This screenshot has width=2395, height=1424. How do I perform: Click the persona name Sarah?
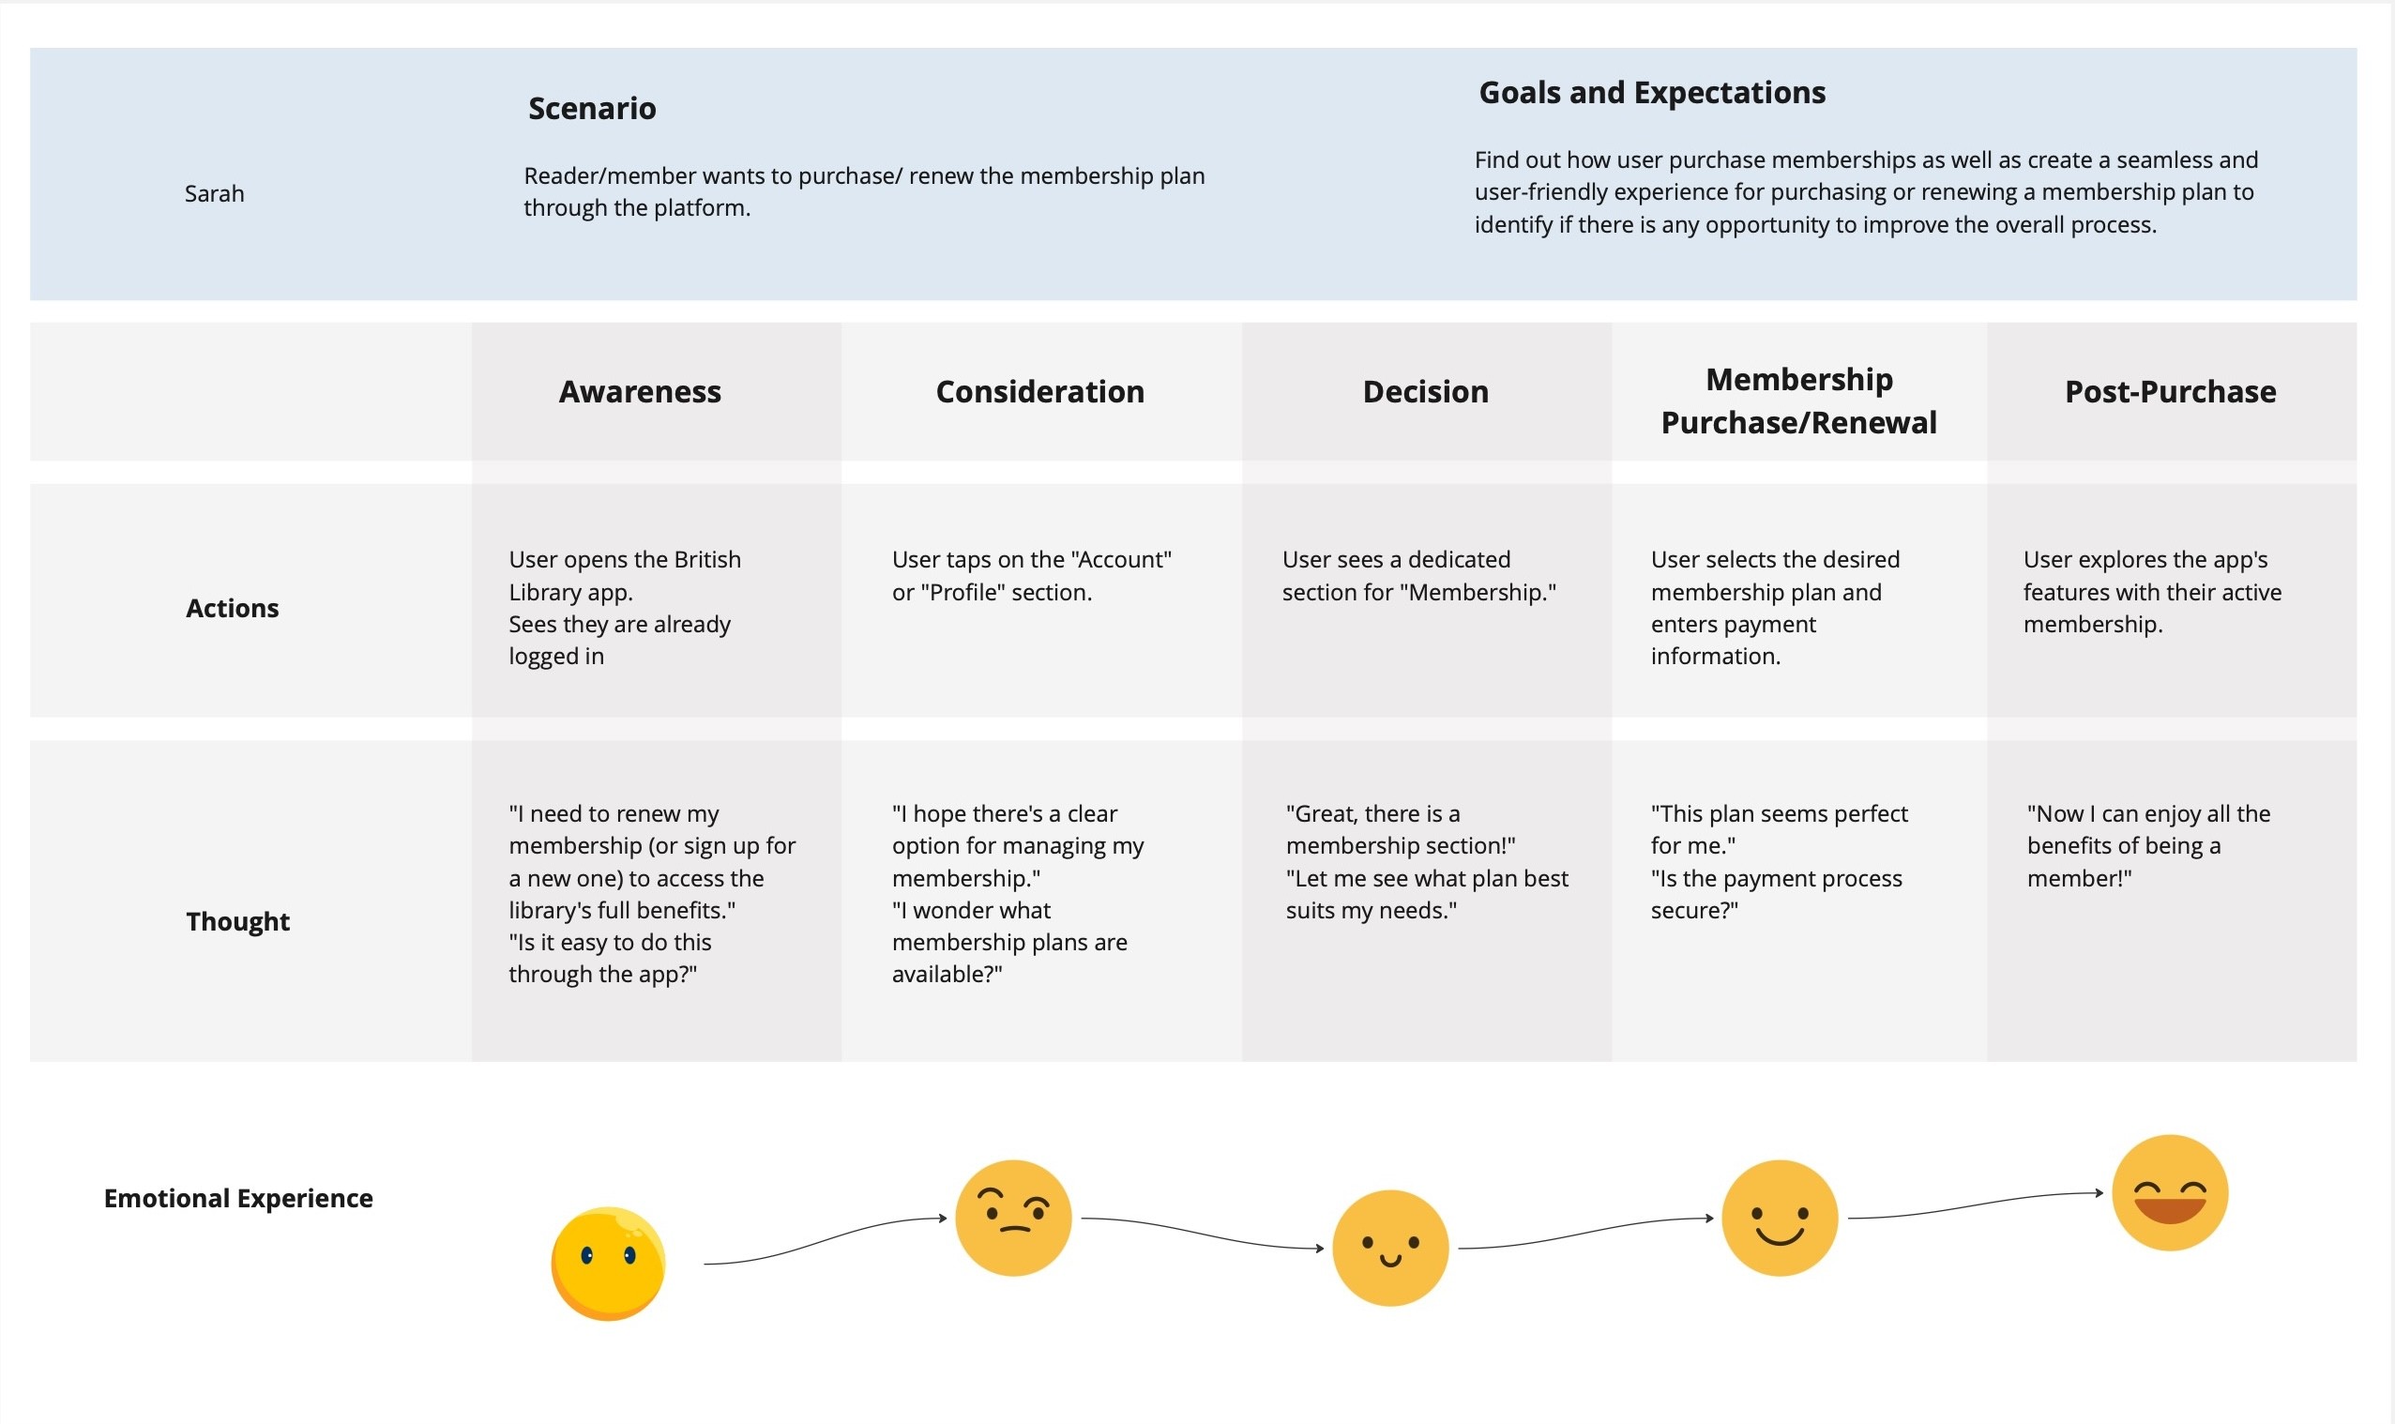(214, 194)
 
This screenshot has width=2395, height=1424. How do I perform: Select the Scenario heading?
(592, 109)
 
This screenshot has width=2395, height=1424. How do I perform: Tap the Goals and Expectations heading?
(1651, 92)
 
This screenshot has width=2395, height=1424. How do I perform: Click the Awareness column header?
(640, 391)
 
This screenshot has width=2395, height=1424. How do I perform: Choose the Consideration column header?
(1040, 391)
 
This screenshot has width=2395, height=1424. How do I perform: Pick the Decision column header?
(1426, 391)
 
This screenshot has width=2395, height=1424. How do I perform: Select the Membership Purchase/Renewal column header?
(1798, 401)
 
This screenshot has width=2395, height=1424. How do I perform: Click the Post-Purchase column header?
(2171, 391)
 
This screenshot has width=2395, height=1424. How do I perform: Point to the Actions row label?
(233, 609)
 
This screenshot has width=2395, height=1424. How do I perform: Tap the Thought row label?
(238, 921)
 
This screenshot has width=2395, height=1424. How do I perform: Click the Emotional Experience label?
(238, 1199)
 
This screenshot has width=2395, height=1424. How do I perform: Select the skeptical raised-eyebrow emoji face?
(1013, 1218)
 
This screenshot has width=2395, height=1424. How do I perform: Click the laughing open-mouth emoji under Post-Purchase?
(2170, 1192)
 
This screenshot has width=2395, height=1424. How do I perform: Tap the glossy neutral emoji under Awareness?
(608, 1263)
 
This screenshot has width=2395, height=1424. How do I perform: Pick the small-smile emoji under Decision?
(1390, 1248)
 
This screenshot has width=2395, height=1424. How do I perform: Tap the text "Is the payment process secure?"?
(1775, 894)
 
